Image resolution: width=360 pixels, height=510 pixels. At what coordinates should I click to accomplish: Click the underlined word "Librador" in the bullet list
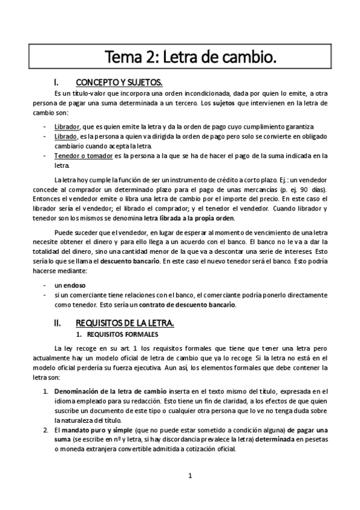[x=66, y=127]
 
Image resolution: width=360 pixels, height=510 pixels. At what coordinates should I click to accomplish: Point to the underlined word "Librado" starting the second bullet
[x=65, y=137]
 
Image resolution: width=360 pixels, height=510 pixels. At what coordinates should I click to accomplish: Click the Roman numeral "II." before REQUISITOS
[x=57, y=323]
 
